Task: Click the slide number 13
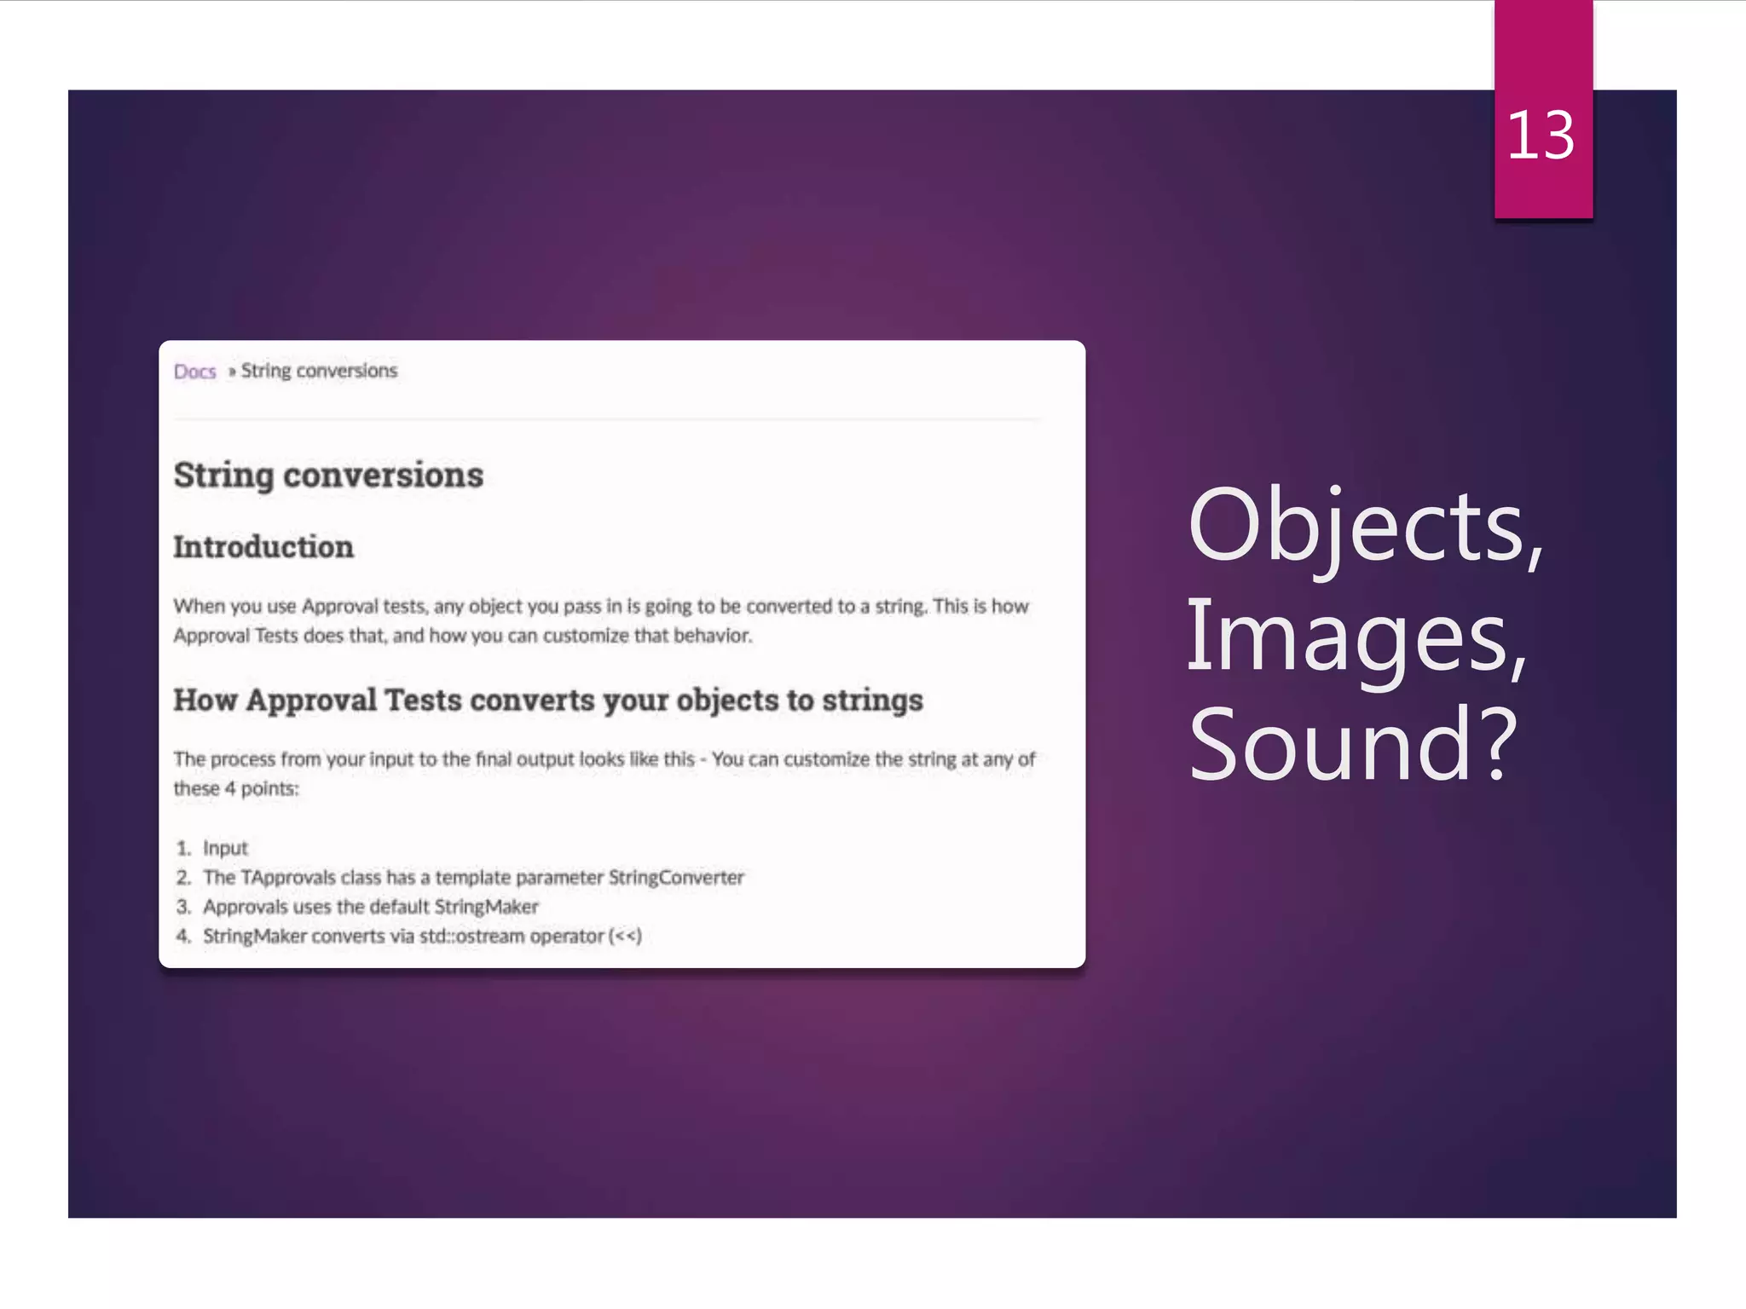coord(1541,136)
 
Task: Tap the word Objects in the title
coord(1356,528)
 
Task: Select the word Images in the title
coord(1347,637)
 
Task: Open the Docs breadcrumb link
coord(194,372)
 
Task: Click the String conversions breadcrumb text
coord(319,371)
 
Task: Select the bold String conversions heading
coord(328,476)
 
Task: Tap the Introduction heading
coord(263,547)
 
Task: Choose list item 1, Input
coord(225,848)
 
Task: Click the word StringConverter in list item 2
coord(676,878)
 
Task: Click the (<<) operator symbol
coord(626,936)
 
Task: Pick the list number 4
coord(183,936)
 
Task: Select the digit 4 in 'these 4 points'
coord(230,788)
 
